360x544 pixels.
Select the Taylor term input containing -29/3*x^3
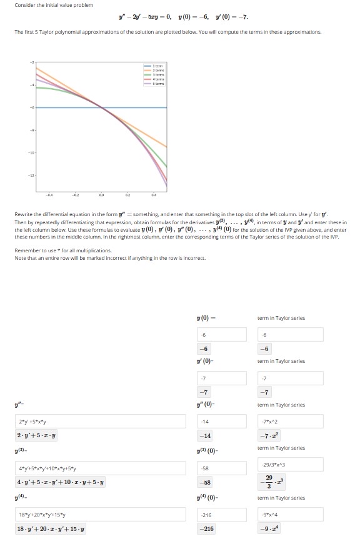coord(291,463)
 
